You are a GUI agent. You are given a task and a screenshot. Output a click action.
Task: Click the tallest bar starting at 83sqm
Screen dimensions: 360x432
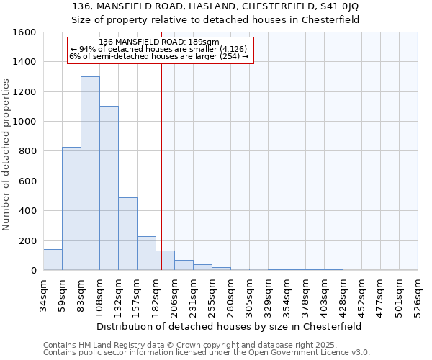[x=90, y=173]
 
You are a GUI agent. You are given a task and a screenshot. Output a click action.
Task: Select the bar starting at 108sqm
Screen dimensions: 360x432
[x=109, y=188]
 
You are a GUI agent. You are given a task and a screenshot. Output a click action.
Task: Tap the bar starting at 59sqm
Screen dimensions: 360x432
[x=71, y=208]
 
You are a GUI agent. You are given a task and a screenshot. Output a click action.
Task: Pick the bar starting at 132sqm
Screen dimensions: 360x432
[x=127, y=233]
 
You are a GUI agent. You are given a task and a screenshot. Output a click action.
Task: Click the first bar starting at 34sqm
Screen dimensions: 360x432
[x=53, y=259]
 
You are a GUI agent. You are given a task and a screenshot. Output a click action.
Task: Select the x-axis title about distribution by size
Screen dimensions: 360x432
[x=230, y=326]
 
